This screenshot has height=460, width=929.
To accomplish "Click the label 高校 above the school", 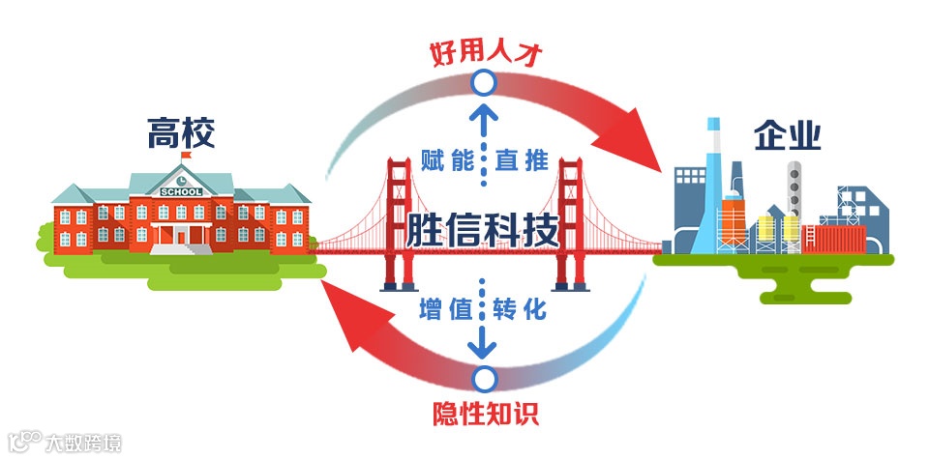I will [182, 133].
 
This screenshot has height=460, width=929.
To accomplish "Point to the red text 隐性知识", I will [484, 414].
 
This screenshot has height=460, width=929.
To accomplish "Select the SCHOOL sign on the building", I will [182, 191].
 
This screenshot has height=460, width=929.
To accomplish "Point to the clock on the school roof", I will [182, 178].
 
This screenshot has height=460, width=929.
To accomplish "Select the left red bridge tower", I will [399, 222].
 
